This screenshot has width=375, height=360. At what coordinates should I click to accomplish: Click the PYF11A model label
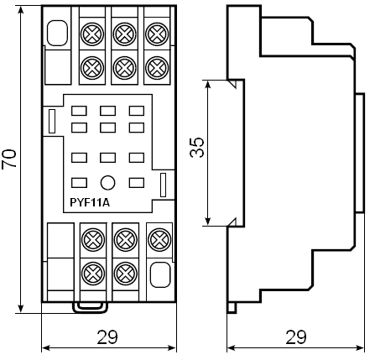(x=90, y=202)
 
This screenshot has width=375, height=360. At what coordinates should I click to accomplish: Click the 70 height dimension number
(x=8, y=159)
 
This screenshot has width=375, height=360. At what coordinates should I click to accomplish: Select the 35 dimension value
(x=197, y=147)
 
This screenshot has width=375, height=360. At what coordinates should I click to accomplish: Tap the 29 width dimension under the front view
(x=107, y=337)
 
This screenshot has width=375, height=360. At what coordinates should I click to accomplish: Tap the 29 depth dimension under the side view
(x=296, y=337)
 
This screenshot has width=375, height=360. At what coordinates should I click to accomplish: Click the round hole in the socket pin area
(x=107, y=183)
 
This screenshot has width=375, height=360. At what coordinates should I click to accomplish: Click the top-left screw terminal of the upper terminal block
(x=92, y=34)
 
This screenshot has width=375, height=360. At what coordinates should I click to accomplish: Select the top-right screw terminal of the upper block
(x=157, y=34)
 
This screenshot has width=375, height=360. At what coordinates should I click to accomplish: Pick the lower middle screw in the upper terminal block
(x=124, y=68)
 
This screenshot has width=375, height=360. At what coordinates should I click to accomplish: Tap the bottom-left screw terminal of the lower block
(x=93, y=273)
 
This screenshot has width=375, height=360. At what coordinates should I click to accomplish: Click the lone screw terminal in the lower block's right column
(x=159, y=239)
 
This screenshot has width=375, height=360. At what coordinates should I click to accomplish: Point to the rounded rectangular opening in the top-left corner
(x=57, y=33)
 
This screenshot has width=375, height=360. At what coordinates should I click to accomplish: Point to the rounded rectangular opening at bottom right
(x=160, y=274)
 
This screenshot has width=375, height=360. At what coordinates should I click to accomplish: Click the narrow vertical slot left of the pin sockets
(x=52, y=122)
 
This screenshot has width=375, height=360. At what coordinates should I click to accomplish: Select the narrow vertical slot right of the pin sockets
(x=163, y=185)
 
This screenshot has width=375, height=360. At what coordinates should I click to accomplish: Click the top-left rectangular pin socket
(x=79, y=111)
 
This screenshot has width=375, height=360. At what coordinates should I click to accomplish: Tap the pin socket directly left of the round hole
(x=79, y=183)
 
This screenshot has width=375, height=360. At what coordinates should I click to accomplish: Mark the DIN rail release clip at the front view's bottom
(x=90, y=307)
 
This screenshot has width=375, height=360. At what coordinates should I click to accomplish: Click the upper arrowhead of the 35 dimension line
(x=207, y=84)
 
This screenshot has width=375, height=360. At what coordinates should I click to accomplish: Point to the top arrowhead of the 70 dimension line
(x=21, y=9)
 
